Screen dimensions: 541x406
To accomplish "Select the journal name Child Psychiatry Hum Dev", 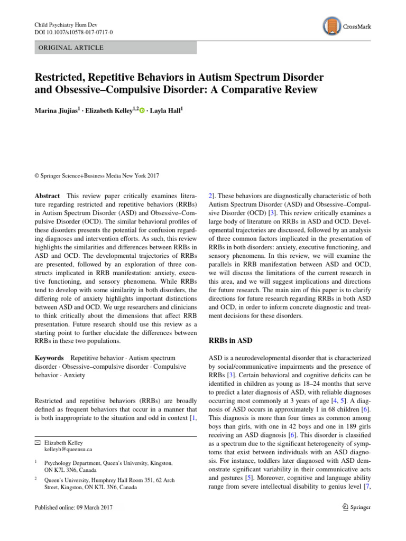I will click(68, 24).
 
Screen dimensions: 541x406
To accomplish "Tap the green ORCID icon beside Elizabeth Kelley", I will click(142, 110).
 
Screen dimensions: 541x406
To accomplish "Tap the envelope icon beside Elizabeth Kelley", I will click(38, 442).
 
